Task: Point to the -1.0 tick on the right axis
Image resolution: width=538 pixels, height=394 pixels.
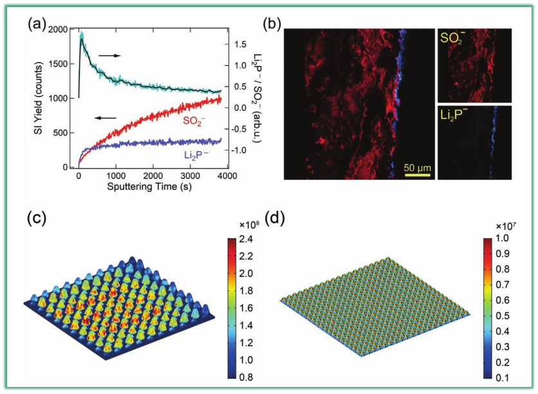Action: click(x=241, y=150)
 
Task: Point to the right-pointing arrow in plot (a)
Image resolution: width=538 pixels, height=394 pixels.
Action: click(x=110, y=56)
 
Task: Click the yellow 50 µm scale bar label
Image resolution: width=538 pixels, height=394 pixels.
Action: click(x=418, y=169)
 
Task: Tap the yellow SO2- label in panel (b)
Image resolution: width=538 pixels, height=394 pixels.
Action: click(x=456, y=39)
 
